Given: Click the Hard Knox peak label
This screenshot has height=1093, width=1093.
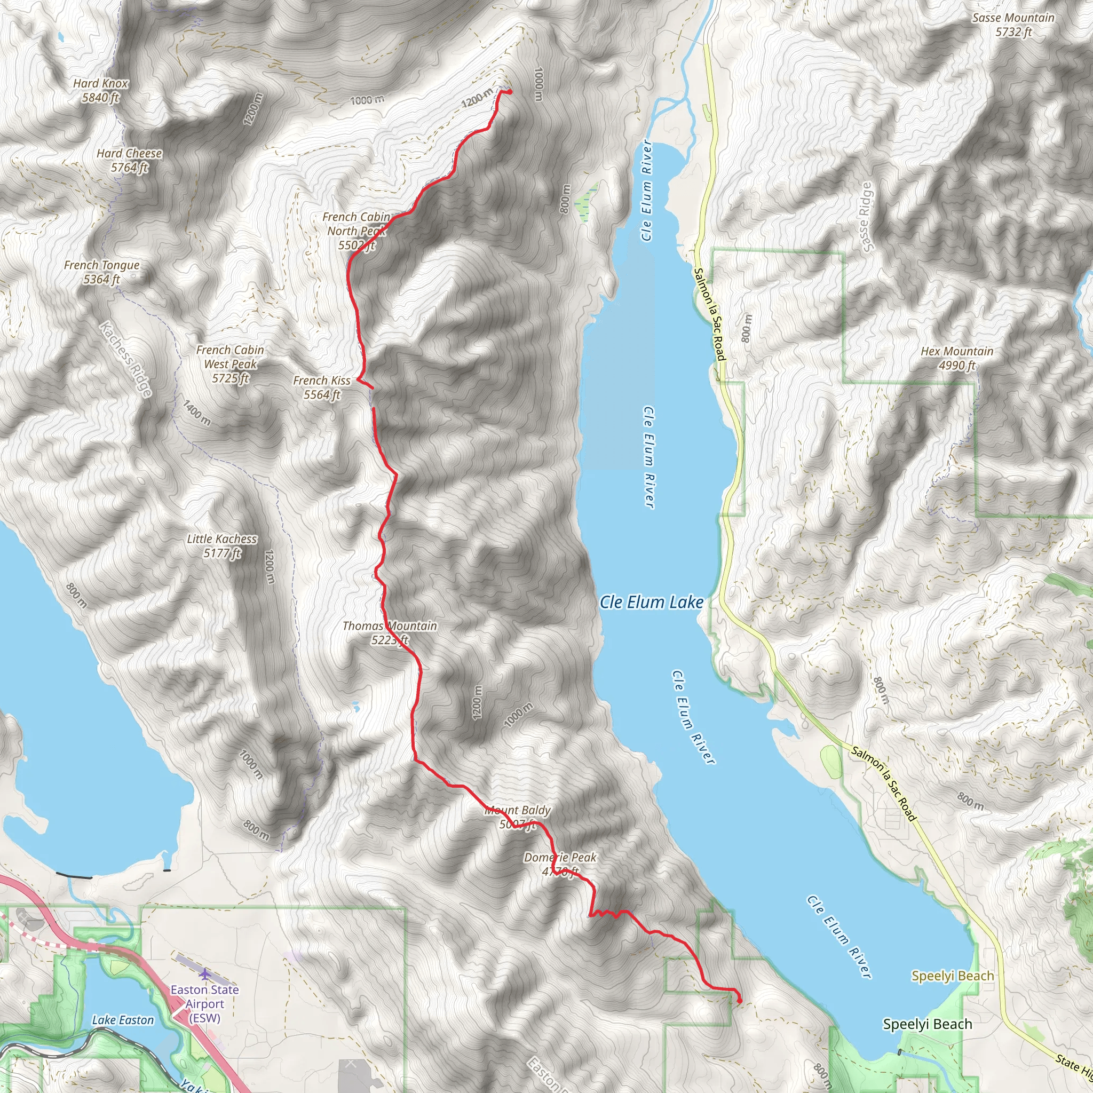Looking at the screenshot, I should [101, 91].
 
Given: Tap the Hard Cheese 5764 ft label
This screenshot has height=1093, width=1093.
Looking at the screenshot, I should [129, 161].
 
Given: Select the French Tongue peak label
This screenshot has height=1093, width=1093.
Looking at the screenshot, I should [102, 272].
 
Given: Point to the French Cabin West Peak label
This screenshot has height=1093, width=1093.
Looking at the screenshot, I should [230, 365].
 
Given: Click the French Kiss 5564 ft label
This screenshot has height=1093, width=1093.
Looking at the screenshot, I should [322, 387].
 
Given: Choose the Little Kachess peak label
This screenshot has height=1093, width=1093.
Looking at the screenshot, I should [223, 546].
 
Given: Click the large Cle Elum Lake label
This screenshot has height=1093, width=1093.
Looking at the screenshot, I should [651, 603].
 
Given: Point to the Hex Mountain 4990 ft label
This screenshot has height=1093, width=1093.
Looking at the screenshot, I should [957, 358].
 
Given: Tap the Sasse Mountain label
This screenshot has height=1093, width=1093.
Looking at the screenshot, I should [1013, 25].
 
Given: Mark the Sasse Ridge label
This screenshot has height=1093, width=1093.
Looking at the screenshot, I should [866, 217].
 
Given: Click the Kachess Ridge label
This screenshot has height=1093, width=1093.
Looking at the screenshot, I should [125, 359].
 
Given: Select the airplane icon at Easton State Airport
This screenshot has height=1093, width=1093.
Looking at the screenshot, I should [204, 973].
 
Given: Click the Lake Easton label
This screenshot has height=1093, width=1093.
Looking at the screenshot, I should [123, 1020].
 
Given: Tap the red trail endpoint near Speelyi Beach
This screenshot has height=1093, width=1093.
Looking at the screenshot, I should [739, 1001].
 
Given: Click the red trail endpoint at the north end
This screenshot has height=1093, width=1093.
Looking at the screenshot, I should [510, 92].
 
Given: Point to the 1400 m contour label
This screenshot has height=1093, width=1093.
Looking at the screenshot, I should [196, 413].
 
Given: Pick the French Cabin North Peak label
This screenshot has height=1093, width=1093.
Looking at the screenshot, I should [356, 231].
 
